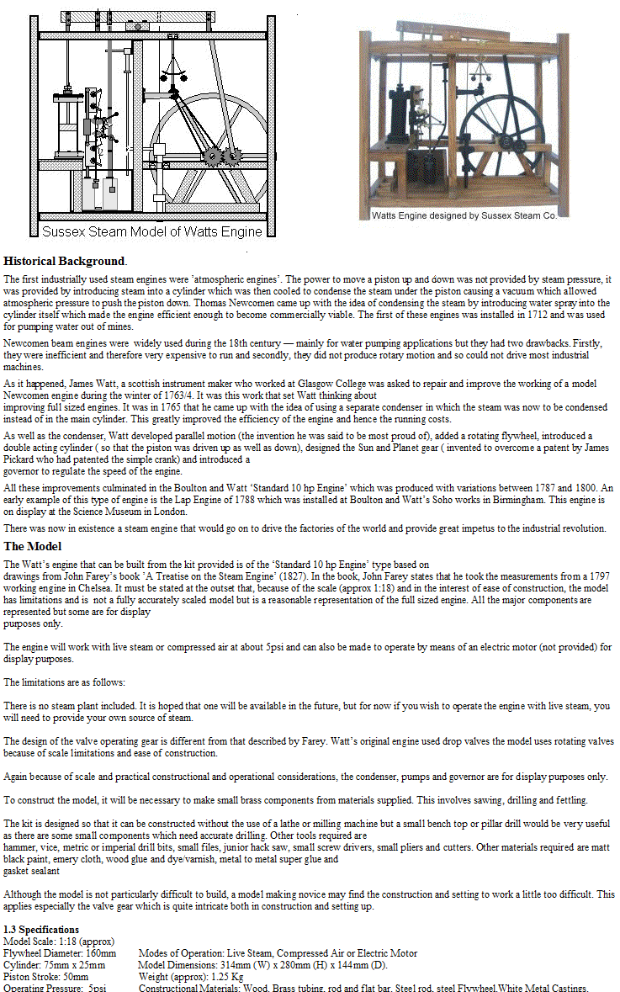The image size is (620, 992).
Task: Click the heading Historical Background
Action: point(64,261)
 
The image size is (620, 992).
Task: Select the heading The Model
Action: point(32,546)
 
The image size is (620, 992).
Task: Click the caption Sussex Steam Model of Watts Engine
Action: point(152,231)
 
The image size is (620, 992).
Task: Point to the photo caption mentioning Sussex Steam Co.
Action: point(464,215)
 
